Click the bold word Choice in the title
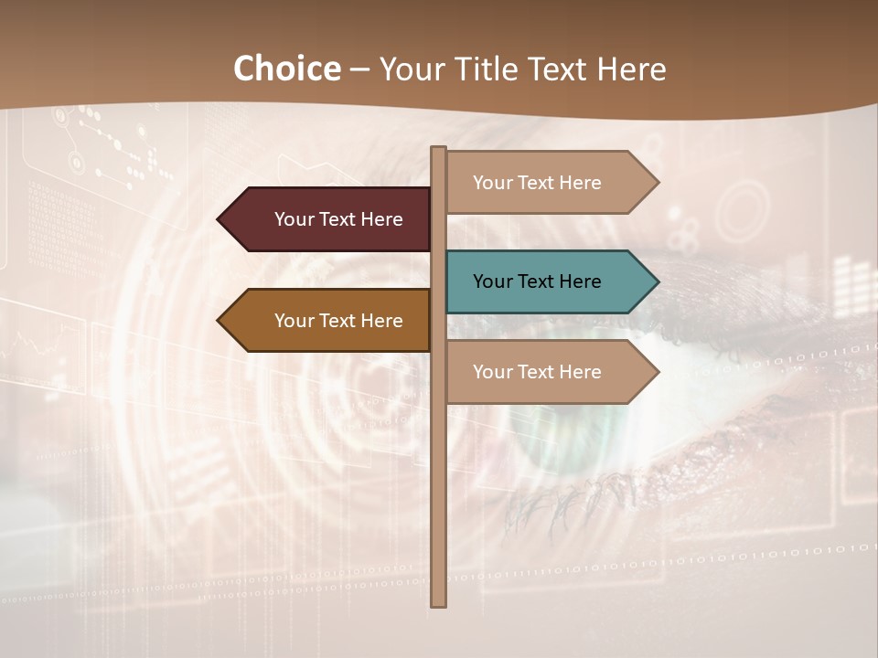(x=286, y=69)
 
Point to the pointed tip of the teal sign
(x=656, y=281)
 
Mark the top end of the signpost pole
(x=439, y=150)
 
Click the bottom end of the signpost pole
(x=439, y=603)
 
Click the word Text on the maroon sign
(x=339, y=219)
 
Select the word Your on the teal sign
(x=492, y=281)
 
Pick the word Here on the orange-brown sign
(x=381, y=321)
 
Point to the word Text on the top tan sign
(x=538, y=183)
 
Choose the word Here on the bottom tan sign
(x=580, y=372)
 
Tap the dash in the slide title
(x=359, y=69)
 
